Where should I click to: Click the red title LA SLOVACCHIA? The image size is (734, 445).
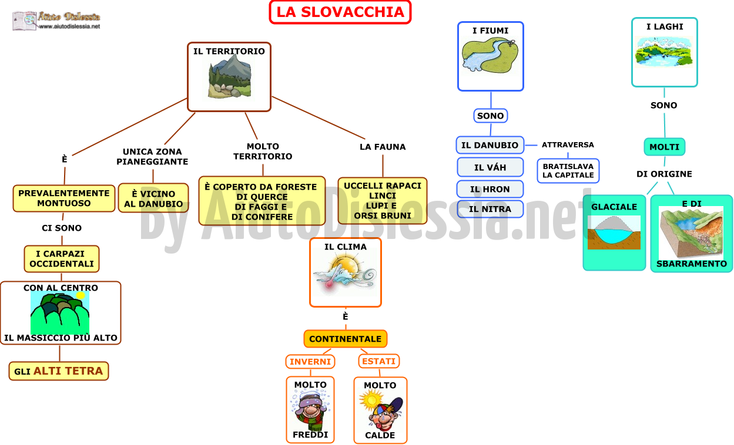pyautogui.click(x=340, y=12)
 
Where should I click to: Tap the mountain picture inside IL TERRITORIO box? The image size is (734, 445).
pyautogui.click(x=230, y=77)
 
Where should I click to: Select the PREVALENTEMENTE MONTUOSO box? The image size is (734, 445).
pyautogui.click(x=64, y=198)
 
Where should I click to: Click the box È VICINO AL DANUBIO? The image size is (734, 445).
pyautogui.click(x=153, y=198)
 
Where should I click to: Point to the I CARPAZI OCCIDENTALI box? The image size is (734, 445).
pyautogui.click(x=62, y=259)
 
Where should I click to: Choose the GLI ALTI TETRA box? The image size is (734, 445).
pyautogui.click(x=59, y=371)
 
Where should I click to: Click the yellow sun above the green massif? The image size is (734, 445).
pyautogui.click(x=81, y=295)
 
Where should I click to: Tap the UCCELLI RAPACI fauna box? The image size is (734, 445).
pyautogui.click(x=383, y=201)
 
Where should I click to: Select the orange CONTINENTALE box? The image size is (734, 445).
pyautogui.click(x=346, y=339)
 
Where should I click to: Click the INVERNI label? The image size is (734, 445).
pyautogui.click(x=310, y=362)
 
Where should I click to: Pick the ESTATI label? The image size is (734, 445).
pyautogui.click(x=379, y=361)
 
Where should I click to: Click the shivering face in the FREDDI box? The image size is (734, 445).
pyautogui.click(x=310, y=410)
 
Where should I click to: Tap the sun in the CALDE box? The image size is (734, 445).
pyautogui.click(x=371, y=400)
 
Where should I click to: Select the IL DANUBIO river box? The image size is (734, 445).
pyautogui.click(x=490, y=145)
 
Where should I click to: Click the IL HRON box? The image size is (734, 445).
pyautogui.click(x=490, y=189)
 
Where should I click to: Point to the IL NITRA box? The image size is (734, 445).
pyautogui.click(x=490, y=209)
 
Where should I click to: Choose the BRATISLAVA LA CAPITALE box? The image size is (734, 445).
pyautogui.click(x=568, y=171)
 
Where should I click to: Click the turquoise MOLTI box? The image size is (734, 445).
pyautogui.click(x=664, y=147)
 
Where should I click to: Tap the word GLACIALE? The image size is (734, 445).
pyautogui.click(x=614, y=207)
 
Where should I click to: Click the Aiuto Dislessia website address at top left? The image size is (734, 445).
pyautogui.click(x=69, y=26)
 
